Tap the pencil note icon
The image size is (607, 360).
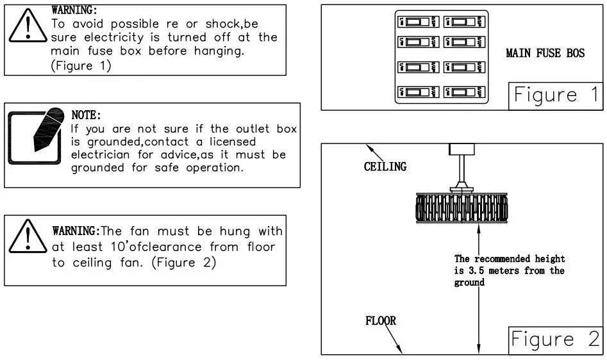point(36,136)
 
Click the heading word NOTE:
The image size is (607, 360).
point(86,115)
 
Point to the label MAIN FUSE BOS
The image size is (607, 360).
point(545,53)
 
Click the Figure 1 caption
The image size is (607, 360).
point(555,95)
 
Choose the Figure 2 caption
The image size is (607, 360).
point(555,339)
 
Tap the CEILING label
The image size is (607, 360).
point(385,167)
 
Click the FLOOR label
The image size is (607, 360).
point(380,320)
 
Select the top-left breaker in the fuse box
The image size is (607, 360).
point(419,22)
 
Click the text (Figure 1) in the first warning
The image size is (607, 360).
point(81,65)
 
